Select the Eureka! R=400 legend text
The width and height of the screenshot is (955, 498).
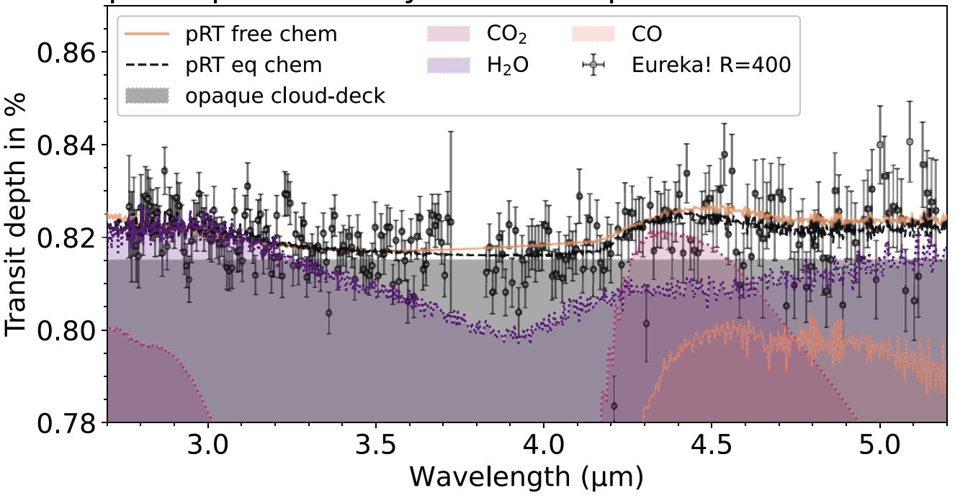[x=712, y=65]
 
